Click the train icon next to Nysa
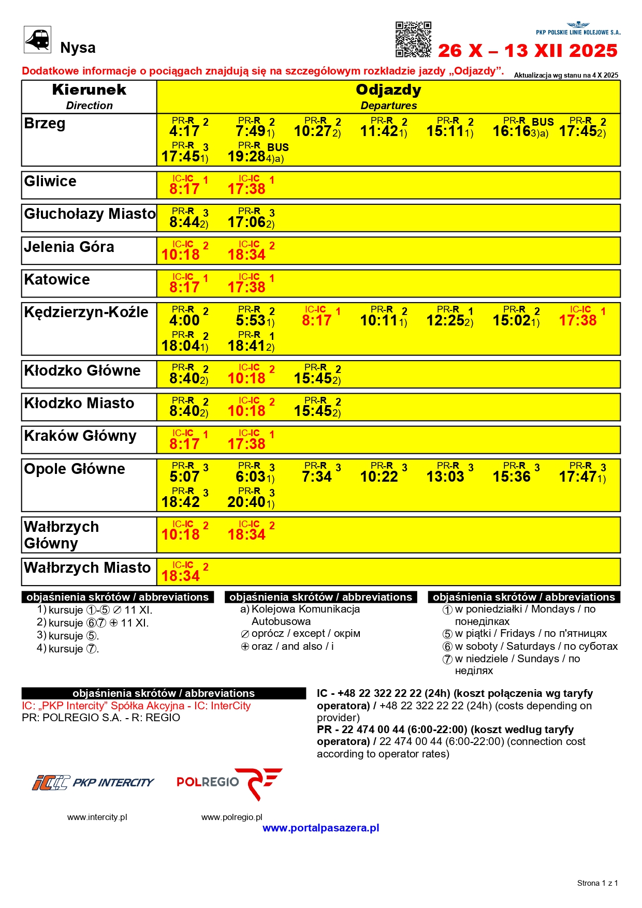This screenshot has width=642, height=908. tap(37, 39)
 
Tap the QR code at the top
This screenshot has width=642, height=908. tap(413, 39)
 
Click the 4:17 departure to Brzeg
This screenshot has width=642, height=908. tap(184, 131)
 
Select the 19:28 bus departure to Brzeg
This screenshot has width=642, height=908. tap(247, 156)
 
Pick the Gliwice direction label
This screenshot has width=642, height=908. tap(50, 182)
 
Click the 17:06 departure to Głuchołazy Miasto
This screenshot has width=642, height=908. tap(247, 222)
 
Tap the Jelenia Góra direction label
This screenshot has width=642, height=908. tap(69, 247)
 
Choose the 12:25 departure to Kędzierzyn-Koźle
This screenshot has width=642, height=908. tap(446, 320)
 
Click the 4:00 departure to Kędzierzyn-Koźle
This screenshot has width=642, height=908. tap(184, 320)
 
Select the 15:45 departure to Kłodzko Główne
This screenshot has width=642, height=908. tap(313, 378)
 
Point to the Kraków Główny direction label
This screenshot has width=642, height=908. tap(80, 436)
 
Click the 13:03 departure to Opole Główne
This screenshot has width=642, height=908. tap(445, 477)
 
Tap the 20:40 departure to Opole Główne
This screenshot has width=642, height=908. tap(247, 501)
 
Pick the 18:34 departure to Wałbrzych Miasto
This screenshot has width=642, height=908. tap(181, 576)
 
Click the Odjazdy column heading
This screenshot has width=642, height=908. tap(388, 90)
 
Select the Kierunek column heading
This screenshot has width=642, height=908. tap(89, 90)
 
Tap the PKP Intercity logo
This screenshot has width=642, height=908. tap(93, 782)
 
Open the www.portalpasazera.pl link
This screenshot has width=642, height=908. tap(320, 828)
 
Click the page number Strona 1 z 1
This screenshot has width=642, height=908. tap(597, 883)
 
